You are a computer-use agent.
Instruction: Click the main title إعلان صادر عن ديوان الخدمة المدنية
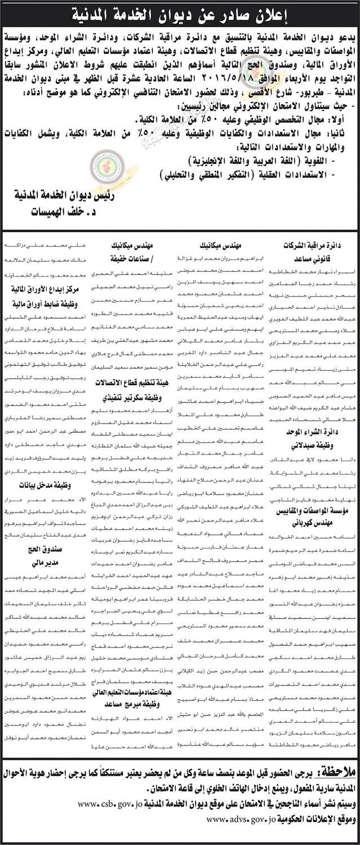180,12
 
